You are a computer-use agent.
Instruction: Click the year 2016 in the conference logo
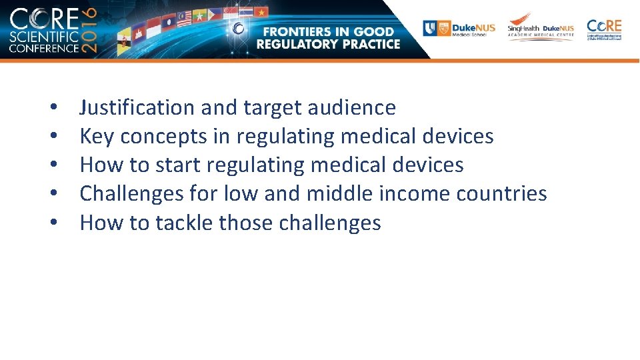[x=90, y=31]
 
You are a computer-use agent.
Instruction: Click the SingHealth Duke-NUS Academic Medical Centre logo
[x=541, y=28]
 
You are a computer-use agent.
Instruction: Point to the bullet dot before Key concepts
[x=51, y=137]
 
